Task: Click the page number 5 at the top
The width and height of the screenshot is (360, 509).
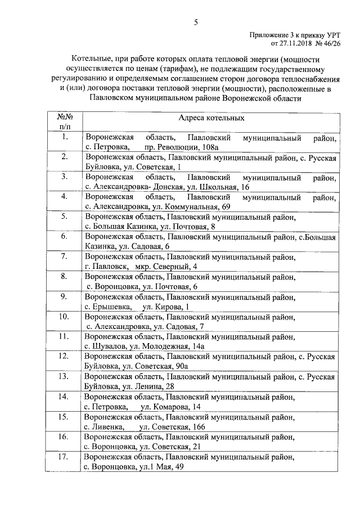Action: tap(196, 22)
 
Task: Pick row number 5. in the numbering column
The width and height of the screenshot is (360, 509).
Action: tap(65, 217)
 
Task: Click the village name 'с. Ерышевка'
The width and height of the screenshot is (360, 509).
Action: tap(106, 307)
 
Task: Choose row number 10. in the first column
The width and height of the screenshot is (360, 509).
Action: tap(65, 317)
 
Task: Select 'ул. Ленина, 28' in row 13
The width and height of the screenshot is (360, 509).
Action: tap(148, 386)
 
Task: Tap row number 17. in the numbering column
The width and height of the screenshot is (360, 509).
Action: tap(65, 457)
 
